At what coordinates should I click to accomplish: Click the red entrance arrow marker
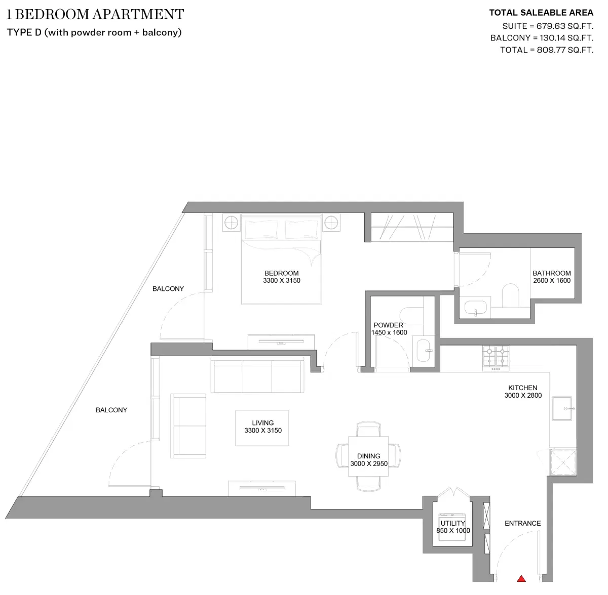tap(521, 578)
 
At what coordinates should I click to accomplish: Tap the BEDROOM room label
tap(282, 273)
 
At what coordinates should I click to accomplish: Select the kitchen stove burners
tap(496, 357)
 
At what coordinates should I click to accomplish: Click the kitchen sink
tap(561, 408)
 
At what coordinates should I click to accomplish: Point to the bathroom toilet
tap(510, 295)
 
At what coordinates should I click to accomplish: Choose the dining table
tap(368, 456)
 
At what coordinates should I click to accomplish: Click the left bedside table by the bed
tap(231, 222)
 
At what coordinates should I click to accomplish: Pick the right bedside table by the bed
tap(331, 222)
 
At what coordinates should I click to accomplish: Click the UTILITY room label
tap(452, 523)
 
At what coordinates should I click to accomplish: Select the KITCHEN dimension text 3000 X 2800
tap(523, 395)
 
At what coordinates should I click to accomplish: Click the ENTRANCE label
tap(522, 523)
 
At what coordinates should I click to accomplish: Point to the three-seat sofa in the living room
tap(258, 375)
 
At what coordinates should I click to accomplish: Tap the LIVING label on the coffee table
tap(262, 422)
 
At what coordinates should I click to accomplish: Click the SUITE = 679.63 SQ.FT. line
tap(547, 26)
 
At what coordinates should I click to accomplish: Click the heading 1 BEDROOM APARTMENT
tap(95, 14)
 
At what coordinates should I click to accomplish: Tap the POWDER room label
tap(388, 325)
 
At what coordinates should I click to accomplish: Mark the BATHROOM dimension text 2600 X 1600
tap(552, 280)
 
